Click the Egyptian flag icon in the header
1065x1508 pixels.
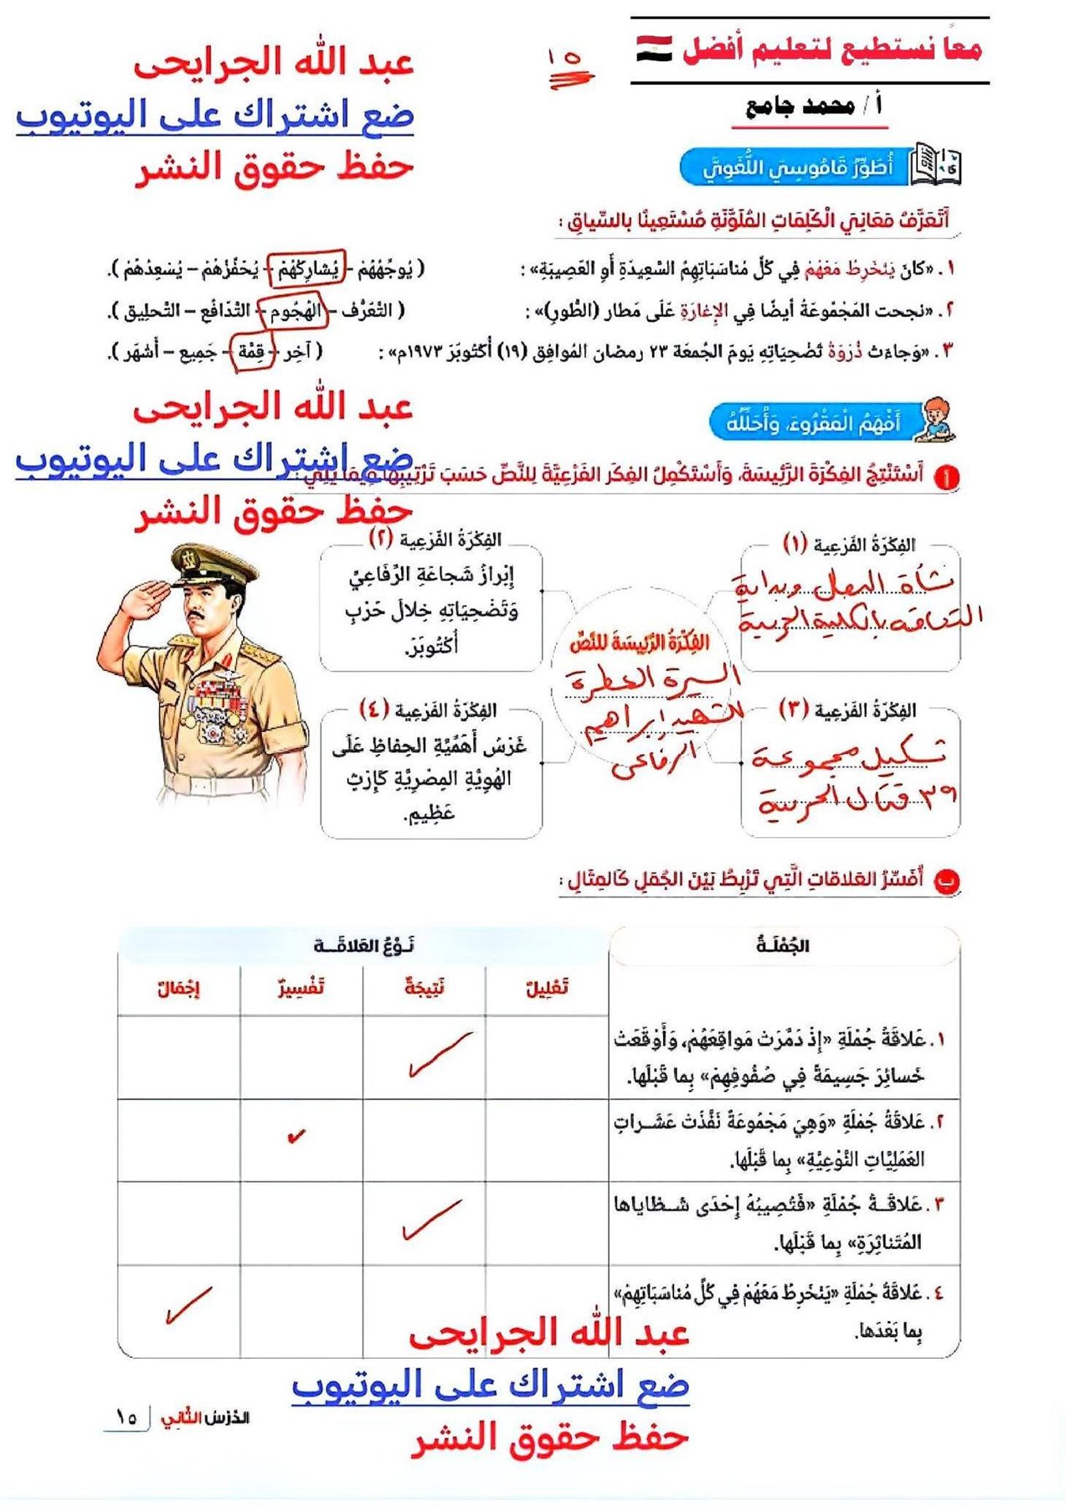click(x=654, y=49)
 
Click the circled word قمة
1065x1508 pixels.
click(x=252, y=352)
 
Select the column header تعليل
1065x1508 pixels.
click(x=547, y=988)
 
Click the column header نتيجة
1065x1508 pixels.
click(x=424, y=988)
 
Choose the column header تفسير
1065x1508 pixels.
click(x=301, y=988)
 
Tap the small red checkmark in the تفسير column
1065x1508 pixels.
click(x=296, y=1137)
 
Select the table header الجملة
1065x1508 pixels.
click(x=783, y=946)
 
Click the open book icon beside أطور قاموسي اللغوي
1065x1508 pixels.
click(x=936, y=164)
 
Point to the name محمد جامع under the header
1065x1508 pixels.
click(x=800, y=106)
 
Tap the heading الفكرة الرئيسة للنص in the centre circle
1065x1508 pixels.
click(x=640, y=643)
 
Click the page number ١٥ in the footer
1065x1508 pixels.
click(x=126, y=1418)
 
